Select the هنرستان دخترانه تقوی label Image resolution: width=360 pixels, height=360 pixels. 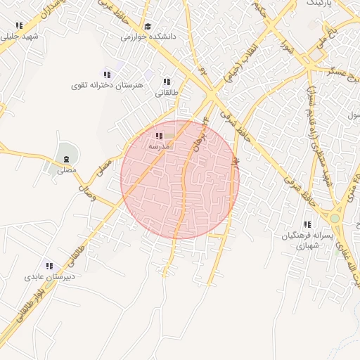click(x=107, y=85)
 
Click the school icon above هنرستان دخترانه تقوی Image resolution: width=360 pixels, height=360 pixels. click(x=107, y=75)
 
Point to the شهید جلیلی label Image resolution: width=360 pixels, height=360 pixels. click(x=20, y=35)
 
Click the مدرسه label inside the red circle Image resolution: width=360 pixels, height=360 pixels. click(x=158, y=146)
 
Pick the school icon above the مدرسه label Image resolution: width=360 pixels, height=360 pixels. click(x=158, y=136)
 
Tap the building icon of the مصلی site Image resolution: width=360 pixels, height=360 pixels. click(x=65, y=155)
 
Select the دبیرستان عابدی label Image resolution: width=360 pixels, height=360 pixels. click(x=49, y=276)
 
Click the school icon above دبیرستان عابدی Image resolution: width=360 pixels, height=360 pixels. click(x=49, y=266)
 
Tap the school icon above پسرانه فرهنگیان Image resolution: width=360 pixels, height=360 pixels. click(x=307, y=226)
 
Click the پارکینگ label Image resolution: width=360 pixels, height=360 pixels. click(x=344, y=4)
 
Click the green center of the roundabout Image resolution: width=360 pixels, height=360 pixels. click(x=335, y=219)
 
